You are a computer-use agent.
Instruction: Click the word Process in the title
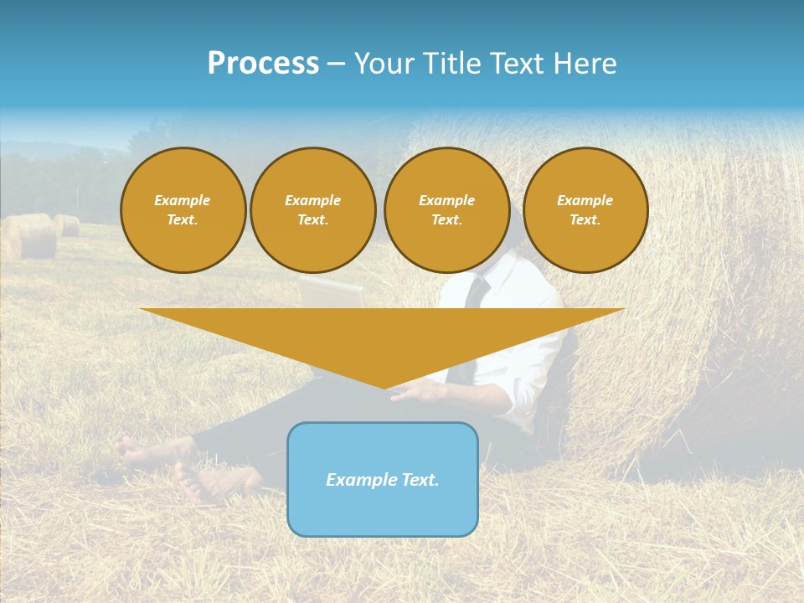coord(263,64)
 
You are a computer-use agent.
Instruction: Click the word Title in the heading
coord(453,64)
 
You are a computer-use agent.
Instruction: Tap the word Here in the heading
coord(583,64)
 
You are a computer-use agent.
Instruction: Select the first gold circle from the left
coord(183,210)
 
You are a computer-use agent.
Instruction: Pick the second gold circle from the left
coord(313,210)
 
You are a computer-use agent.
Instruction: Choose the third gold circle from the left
coord(446,210)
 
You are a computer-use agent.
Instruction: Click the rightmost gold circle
coord(585,210)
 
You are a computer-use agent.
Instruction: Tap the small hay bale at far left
coord(31,236)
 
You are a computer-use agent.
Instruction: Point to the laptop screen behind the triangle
coord(332,294)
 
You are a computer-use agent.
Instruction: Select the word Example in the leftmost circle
coord(183,200)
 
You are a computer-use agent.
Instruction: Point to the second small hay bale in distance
coord(68,224)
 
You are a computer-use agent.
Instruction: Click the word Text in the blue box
coord(419,480)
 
